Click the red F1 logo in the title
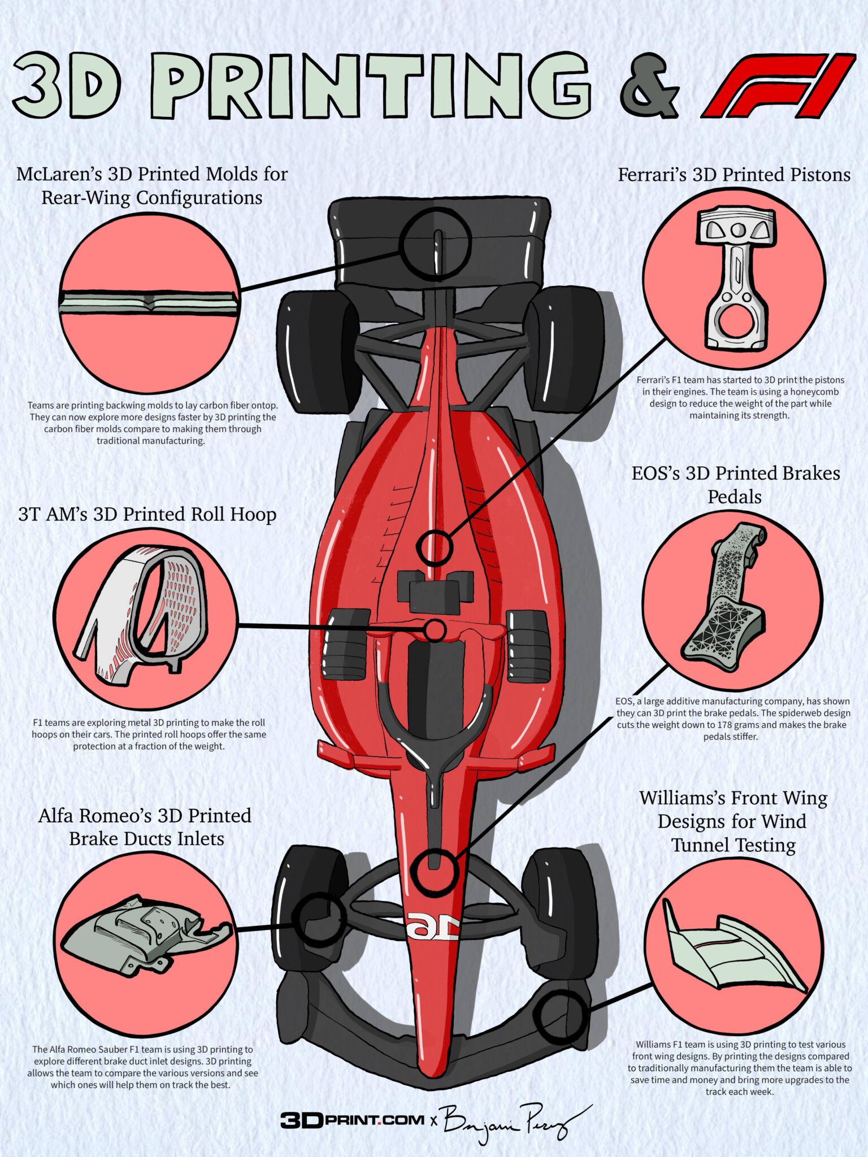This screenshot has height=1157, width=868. tap(779, 86)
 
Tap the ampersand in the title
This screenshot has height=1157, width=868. tap(649, 86)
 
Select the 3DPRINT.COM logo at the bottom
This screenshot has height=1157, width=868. tap(352, 1117)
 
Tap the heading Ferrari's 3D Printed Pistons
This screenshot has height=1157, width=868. tap(734, 175)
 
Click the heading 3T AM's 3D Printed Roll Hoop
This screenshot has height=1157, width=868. tap(147, 514)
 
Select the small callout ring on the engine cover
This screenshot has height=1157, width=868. tap(435, 547)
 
